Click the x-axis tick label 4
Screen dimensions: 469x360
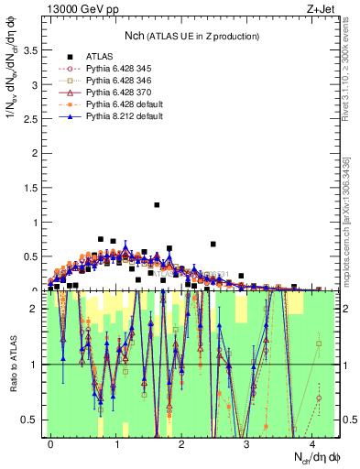click(311, 444)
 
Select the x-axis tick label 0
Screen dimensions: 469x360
click(50, 444)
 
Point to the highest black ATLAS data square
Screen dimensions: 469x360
click(157, 205)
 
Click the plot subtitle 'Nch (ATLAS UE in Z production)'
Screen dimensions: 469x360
click(183, 36)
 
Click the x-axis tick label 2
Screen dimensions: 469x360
click(181, 444)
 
